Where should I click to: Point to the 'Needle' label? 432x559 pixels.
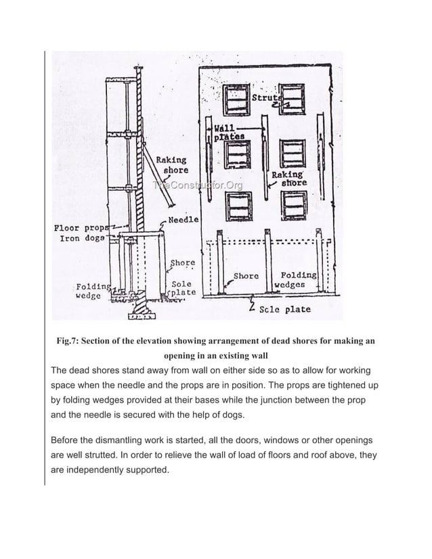(x=183, y=219)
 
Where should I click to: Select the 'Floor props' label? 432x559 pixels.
(x=80, y=228)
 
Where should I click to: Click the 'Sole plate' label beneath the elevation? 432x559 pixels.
(x=285, y=309)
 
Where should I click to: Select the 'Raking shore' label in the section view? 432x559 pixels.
(x=173, y=165)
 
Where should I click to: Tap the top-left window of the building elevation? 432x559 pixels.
(x=238, y=99)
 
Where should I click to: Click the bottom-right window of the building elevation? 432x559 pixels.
(x=292, y=205)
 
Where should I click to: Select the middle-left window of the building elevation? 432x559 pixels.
(x=238, y=154)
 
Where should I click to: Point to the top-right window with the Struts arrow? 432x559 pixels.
(x=292, y=99)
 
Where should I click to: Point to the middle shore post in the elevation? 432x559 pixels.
(x=269, y=264)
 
